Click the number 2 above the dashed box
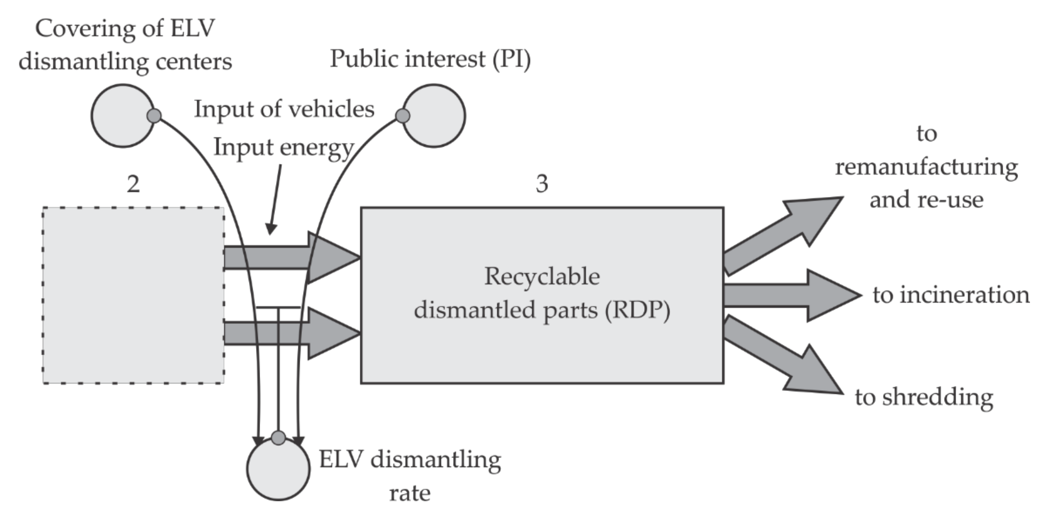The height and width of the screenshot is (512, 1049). pyautogui.click(x=134, y=184)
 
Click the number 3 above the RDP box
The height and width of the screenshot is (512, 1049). pyautogui.click(x=541, y=184)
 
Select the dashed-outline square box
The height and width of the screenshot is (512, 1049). pyautogui.click(x=134, y=296)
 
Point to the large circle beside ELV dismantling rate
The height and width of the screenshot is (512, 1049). pyautogui.click(x=278, y=470)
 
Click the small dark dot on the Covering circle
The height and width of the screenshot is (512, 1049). pyautogui.click(x=154, y=116)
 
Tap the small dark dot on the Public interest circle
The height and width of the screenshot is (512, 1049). pyautogui.click(x=402, y=116)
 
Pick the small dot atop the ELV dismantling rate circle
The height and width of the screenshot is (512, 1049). pyautogui.click(x=279, y=438)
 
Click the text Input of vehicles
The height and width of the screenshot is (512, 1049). pyautogui.click(x=284, y=109)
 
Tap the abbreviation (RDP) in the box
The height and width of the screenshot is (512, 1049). pyautogui.click(x=637, y=311)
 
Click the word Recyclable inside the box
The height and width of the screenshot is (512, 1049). pyautogui.click(x=541, y=277)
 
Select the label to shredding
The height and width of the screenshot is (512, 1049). pyautogui.click(x=924, y=397)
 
